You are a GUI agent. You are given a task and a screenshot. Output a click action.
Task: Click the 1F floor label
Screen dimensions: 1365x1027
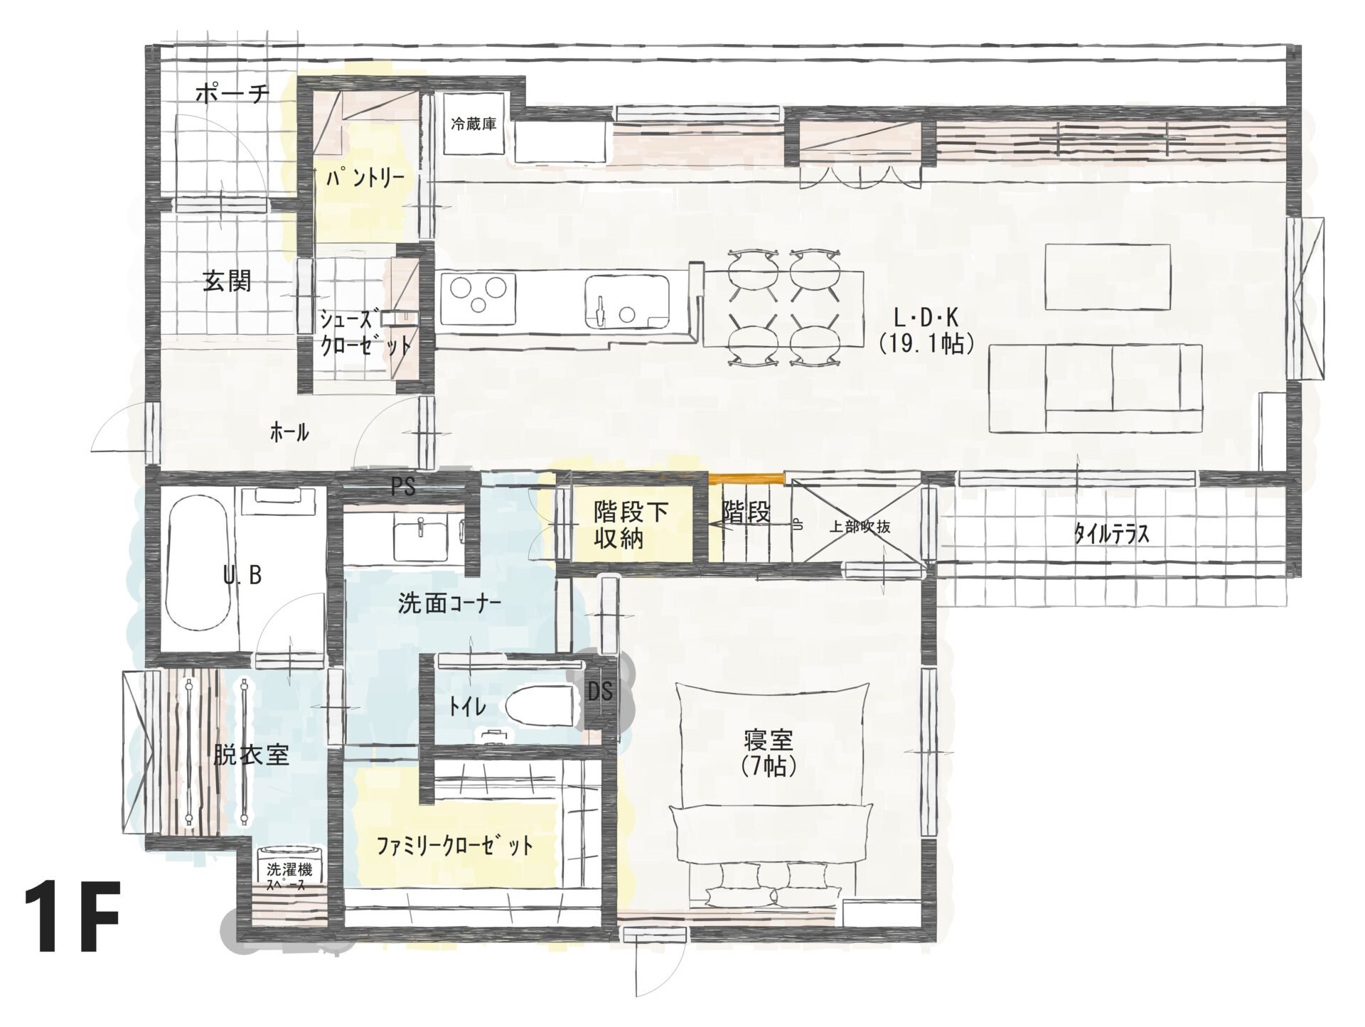[72, 918]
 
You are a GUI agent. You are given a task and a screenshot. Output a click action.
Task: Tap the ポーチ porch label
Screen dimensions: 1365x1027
[232, 93]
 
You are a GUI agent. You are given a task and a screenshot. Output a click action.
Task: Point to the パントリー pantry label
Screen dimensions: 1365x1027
[365, 178]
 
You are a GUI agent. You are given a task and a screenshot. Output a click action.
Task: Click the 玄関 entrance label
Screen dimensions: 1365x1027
[227, 281]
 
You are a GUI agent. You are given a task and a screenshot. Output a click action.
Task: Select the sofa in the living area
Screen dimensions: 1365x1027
[1096, 387]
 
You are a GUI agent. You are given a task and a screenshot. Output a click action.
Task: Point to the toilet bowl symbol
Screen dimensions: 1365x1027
[540, 706]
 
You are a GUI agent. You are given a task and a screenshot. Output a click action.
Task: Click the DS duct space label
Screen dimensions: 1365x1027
[600, 691]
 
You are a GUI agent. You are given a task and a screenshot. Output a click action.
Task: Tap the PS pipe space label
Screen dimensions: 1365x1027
[403, 486]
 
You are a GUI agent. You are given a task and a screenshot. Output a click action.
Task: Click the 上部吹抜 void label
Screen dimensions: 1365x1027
[860, 527]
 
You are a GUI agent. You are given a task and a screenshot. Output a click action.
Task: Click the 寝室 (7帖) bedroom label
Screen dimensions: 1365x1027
[769, 753]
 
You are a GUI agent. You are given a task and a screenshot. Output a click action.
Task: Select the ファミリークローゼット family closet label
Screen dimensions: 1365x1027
[455, 846]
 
